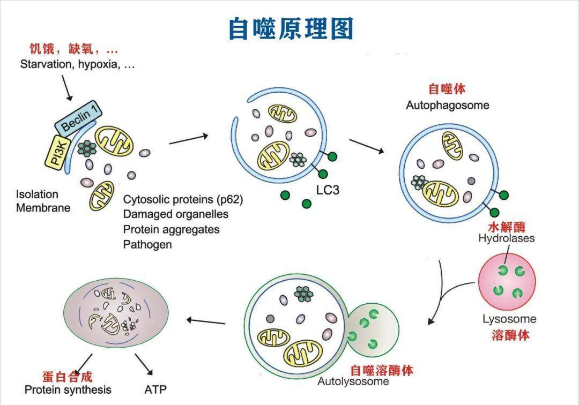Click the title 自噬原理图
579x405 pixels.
point(291,28)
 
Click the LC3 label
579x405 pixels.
point(328,190)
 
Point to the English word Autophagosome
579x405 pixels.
point(447,105)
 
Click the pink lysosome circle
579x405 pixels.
point(507,282)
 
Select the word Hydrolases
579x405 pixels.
point(506,238)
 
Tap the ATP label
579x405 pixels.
point(155,389)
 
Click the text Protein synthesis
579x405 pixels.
point(68,389)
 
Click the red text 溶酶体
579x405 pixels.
point(510,335)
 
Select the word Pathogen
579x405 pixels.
point(147,244)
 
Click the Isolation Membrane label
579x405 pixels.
point(43,201)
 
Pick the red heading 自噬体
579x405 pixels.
point(447,89)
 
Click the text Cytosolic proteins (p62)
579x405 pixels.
point(183,200)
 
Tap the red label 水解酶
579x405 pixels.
point(507,226)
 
